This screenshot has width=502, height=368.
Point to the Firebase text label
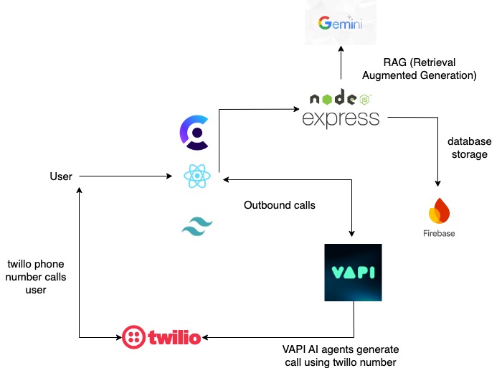click(x=438, y=233)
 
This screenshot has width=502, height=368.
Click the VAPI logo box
click(x=353, y=273)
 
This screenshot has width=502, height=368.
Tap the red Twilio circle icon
click(x=135, y=336)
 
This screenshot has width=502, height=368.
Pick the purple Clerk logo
click(x=194, y=133)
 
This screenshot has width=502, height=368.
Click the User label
click(x=61, y=176)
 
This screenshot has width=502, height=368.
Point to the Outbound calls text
click(x=280, y=205)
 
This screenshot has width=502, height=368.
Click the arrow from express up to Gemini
click(x=341, y=68)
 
